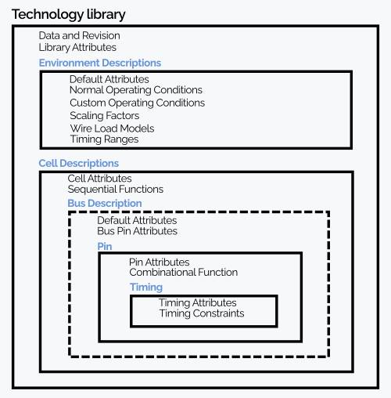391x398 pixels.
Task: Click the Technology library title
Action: point(69,15)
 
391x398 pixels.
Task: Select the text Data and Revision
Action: point(80,35)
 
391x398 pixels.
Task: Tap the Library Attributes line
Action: point(77,48)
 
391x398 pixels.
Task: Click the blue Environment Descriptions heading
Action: point(100,63)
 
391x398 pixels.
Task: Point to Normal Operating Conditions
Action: point(136,90)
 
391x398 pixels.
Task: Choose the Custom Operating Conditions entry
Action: point(138,103)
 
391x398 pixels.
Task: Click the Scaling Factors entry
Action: point(105,115)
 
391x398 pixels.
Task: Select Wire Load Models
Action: point(112,128)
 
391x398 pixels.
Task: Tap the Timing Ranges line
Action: point(104,139)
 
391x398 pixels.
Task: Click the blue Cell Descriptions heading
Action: point(79,164)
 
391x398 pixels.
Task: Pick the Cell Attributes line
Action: point(99,179)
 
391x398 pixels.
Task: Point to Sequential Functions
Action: point(116,190)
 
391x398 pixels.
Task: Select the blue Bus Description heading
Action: point(105,204)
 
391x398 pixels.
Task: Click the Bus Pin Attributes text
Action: point(137,231)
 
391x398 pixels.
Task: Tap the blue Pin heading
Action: point(105,246)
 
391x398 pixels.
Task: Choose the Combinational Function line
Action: point(184,273)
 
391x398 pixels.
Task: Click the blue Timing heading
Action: point(146,288)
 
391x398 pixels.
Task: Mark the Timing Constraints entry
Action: point(202,313)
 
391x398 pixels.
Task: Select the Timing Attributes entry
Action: point(198,302)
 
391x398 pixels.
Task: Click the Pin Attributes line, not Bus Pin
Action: point(160,262)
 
